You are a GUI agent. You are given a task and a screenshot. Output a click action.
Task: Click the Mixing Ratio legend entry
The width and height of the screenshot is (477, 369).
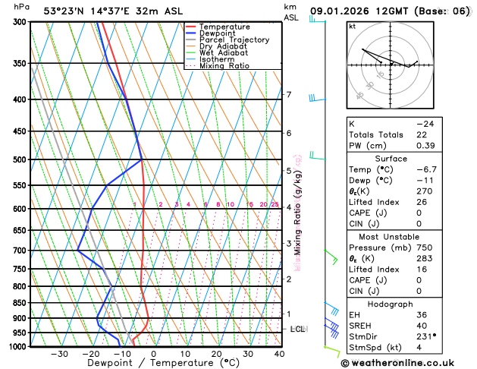point(225,66)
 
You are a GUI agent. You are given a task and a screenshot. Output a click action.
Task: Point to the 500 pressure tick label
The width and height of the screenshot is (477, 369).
point(17,159)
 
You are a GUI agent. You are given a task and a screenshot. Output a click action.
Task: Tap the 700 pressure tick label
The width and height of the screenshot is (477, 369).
point(17,250)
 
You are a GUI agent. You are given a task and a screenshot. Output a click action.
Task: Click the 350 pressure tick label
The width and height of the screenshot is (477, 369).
point(17,63)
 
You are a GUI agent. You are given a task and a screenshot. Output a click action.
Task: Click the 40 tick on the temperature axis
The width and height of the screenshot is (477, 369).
point(279,354)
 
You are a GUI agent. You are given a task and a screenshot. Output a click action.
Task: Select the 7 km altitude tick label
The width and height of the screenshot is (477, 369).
point(288,95)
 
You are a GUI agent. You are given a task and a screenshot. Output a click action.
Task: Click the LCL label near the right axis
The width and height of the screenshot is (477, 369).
point(298,329)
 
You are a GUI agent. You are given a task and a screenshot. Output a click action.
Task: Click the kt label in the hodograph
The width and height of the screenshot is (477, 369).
point(352,27)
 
